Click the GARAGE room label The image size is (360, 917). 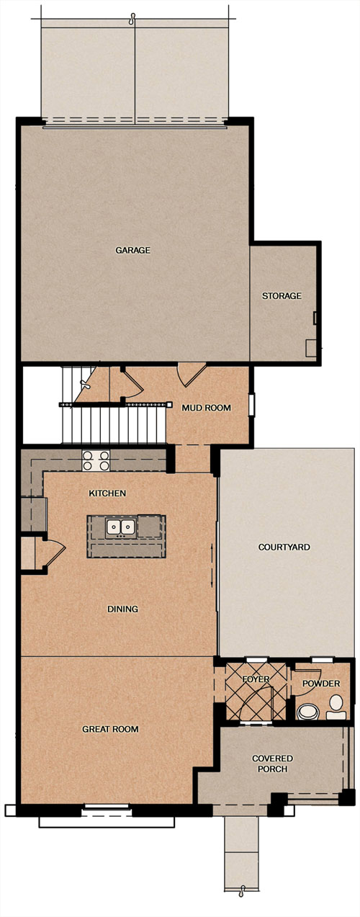[132, 250]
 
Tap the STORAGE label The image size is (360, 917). [282, 295]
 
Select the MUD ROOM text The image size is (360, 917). [206, 408]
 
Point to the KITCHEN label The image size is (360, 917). [107, 493]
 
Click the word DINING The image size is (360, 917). [122, 609]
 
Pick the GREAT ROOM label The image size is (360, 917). [110, 729]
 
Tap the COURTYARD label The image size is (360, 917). [284, 547]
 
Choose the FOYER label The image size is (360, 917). [256, 679]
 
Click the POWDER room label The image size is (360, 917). [321, 683]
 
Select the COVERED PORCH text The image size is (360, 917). [272, 764]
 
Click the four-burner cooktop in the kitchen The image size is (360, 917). [96, 460]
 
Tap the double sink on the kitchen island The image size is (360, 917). [121, 528]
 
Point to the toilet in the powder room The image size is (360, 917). [336, 707]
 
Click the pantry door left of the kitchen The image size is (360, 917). [55, 553]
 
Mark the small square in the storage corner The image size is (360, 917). [312, 348]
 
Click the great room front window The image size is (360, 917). [107, 807]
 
